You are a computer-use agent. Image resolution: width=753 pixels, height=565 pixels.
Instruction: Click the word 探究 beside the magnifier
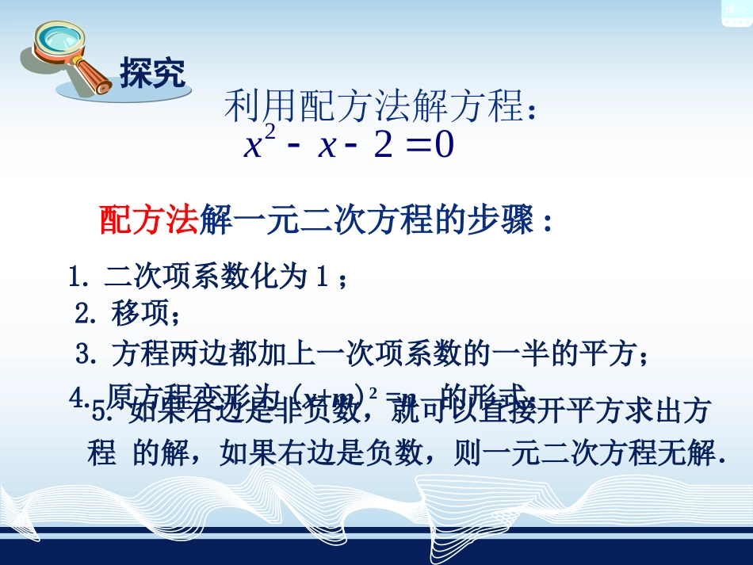pyautogui.click(x=152, y=74)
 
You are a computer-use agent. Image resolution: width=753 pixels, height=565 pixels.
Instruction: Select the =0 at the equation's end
pyautogui.click(x=433, y=147)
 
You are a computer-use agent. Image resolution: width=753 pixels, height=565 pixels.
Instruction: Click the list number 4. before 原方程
pyautogui.click(x=78, y=395)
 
